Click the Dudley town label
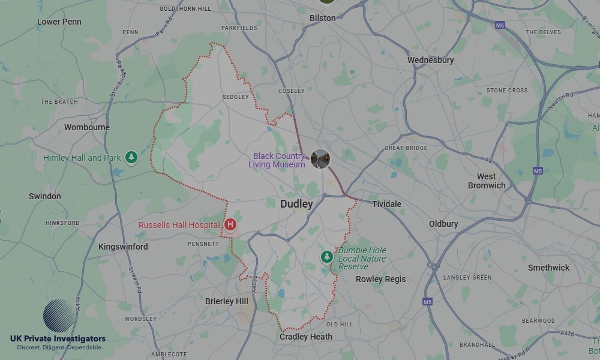(x=296, y=204)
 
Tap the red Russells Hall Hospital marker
(x=230, y=225)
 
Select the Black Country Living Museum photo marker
(x=320, y=159)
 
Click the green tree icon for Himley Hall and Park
(x=131, y=158)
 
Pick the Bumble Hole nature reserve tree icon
(x=326, y=257)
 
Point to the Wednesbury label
(x=430, y=60)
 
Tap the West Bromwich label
(x=487, y=181)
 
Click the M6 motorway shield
(x=500, y=25)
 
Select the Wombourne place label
(x=87, y=127)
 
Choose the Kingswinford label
(x=123, y=247)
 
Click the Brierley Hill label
(x=227, y=301)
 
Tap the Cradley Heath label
(x=306, y=337)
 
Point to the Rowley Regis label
(x=380, y=279)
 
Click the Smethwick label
(x=548, y=268)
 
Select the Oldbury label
(x=443, y=224)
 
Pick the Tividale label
(x=386, y=204)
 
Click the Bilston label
(x=322, y=18)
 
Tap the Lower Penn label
(x=59, y=22)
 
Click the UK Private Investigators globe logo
(x=59, y=316)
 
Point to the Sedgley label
(x=235, y=97)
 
